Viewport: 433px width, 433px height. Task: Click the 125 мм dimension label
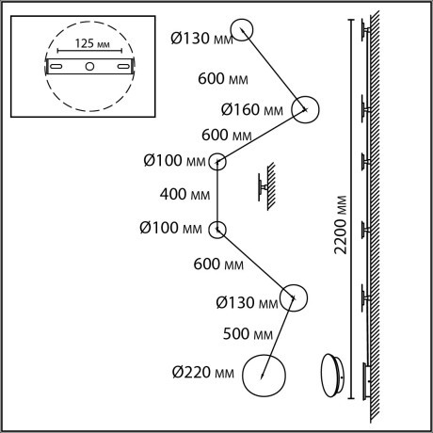pyautogui.click(x=92, y=43)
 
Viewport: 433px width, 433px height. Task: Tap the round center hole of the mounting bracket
pyautogui.click(x=89, y=66)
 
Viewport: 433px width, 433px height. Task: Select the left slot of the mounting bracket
pyautogui.click(x=56, y=66)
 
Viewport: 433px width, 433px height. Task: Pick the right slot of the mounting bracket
pyautogui.click(x=123, y=66)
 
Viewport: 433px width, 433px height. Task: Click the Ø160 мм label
pyautogui.click(x=252, y=110)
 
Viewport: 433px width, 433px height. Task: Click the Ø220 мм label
pyautogui.click(x=203, y=373)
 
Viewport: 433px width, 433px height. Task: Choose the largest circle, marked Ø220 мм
pyautogui.click(x=242, y=376)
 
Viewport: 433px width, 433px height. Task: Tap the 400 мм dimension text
pyautogui.click(x=184, y=194)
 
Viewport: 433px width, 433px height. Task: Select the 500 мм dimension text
pyautogui.click(x=248, y=333)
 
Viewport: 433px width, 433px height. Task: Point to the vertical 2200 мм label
pyautogui.click(x=341, y=225)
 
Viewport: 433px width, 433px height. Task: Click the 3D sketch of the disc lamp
pyautogui.click(x=332, y=376)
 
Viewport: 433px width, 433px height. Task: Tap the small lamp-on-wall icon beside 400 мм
pyautogui.click(x=266, y=186)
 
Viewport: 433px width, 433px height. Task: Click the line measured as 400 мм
pyautogui.click(x=217, y=196)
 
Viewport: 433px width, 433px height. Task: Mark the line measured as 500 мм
pyautogui.click(x=278, y=337)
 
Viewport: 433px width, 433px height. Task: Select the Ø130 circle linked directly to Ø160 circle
pyautogui.click(x=232, y=30)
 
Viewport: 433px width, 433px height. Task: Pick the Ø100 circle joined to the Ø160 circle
pyautogui.click(x=209, y=162)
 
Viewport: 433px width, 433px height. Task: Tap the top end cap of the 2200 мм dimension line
pyautogui.click(x=351, y=20)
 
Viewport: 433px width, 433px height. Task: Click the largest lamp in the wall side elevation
pyautogui.click(x=365, y=381)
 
